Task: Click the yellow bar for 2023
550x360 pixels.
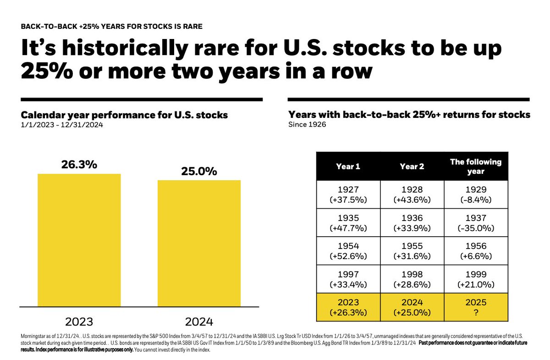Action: [79, 240]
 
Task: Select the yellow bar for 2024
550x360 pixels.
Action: [199, 243]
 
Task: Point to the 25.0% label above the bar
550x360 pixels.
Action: [199, 171]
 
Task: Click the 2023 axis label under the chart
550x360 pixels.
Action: [79, 321]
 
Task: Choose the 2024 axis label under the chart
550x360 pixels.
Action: [199, 321]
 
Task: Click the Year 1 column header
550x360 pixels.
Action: [348, 166]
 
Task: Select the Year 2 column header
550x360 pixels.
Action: [412, 166]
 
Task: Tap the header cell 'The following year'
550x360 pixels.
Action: [476, 166]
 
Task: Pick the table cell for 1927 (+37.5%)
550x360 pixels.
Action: [348, 194]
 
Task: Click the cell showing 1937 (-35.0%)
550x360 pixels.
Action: [476, 223]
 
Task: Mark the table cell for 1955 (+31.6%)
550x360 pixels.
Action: [412, 251]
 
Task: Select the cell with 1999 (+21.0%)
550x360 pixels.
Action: [476, 279]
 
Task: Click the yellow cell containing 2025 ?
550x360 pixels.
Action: [476, 307]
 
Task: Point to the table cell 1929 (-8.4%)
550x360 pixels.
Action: [476, 194]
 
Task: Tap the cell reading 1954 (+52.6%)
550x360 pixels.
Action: [348, 251]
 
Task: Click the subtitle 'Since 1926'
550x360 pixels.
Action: [307, 124]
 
